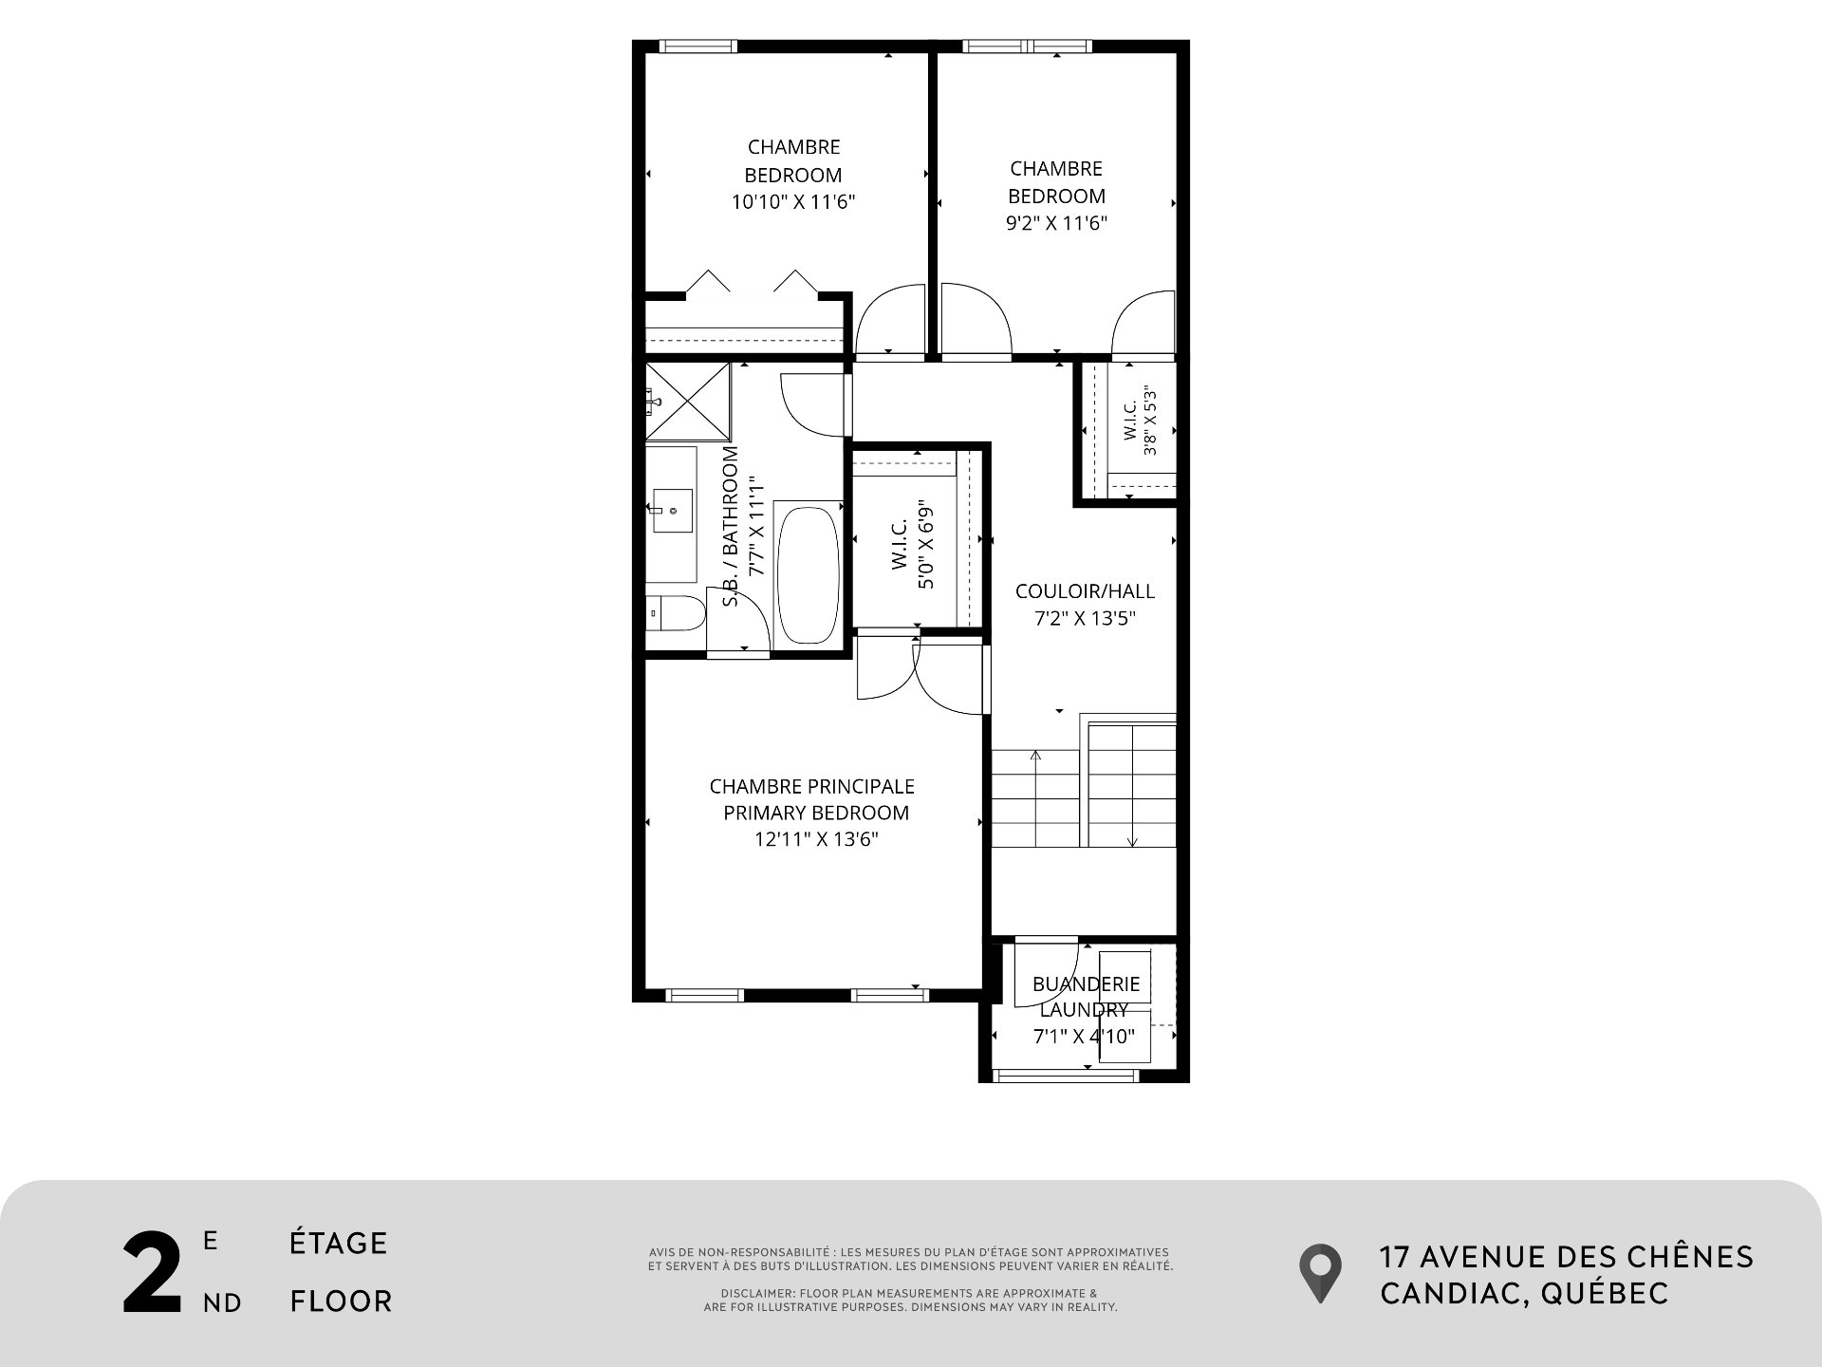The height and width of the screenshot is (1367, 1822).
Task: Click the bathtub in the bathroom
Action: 809,576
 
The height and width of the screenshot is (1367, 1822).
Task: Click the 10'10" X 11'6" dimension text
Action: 793,202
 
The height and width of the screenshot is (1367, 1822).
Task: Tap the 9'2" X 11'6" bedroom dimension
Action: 1056,224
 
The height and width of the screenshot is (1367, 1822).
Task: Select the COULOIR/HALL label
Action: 1085,591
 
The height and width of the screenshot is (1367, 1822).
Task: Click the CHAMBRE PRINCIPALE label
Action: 812,787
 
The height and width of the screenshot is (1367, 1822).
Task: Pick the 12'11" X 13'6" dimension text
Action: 816,840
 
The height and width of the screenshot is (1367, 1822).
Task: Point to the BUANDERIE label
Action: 1086,984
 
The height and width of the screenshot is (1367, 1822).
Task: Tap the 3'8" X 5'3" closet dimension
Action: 1151,421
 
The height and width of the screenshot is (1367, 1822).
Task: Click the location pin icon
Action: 1320,1273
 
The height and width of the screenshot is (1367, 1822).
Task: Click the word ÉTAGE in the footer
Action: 339,1244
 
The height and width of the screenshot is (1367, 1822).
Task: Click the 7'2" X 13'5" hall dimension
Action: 1085,619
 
